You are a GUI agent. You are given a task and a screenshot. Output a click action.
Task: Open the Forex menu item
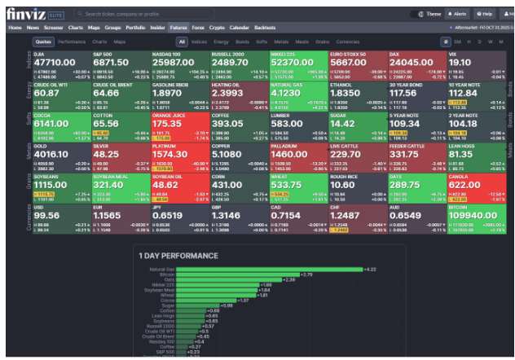coord(198,28)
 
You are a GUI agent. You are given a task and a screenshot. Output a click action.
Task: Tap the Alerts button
coord(459,14)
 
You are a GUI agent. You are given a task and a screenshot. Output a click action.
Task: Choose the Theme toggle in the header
coord(429,14)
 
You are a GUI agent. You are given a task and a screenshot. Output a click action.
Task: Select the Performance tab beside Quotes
coord(72,41)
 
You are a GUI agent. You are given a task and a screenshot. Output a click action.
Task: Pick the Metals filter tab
coord(280,41)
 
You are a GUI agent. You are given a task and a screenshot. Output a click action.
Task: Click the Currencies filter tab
coord(348,41)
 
